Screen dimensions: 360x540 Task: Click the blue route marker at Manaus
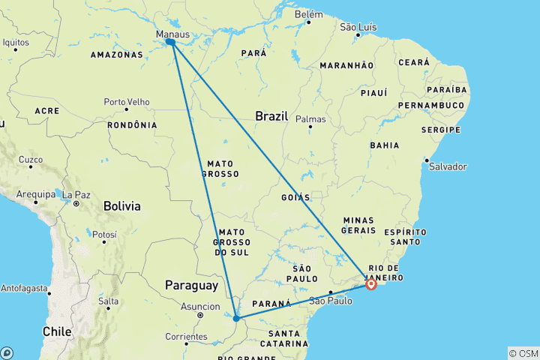171,43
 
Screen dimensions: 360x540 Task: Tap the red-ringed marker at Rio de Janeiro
371,283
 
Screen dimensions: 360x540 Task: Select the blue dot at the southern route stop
236,319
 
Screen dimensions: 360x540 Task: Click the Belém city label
309,14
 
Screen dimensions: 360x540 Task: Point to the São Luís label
358,27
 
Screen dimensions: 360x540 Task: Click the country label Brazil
271,116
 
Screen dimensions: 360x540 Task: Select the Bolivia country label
122,205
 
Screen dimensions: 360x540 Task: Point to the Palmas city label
310,119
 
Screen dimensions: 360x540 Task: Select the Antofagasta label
23,288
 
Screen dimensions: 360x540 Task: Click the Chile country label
57,331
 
